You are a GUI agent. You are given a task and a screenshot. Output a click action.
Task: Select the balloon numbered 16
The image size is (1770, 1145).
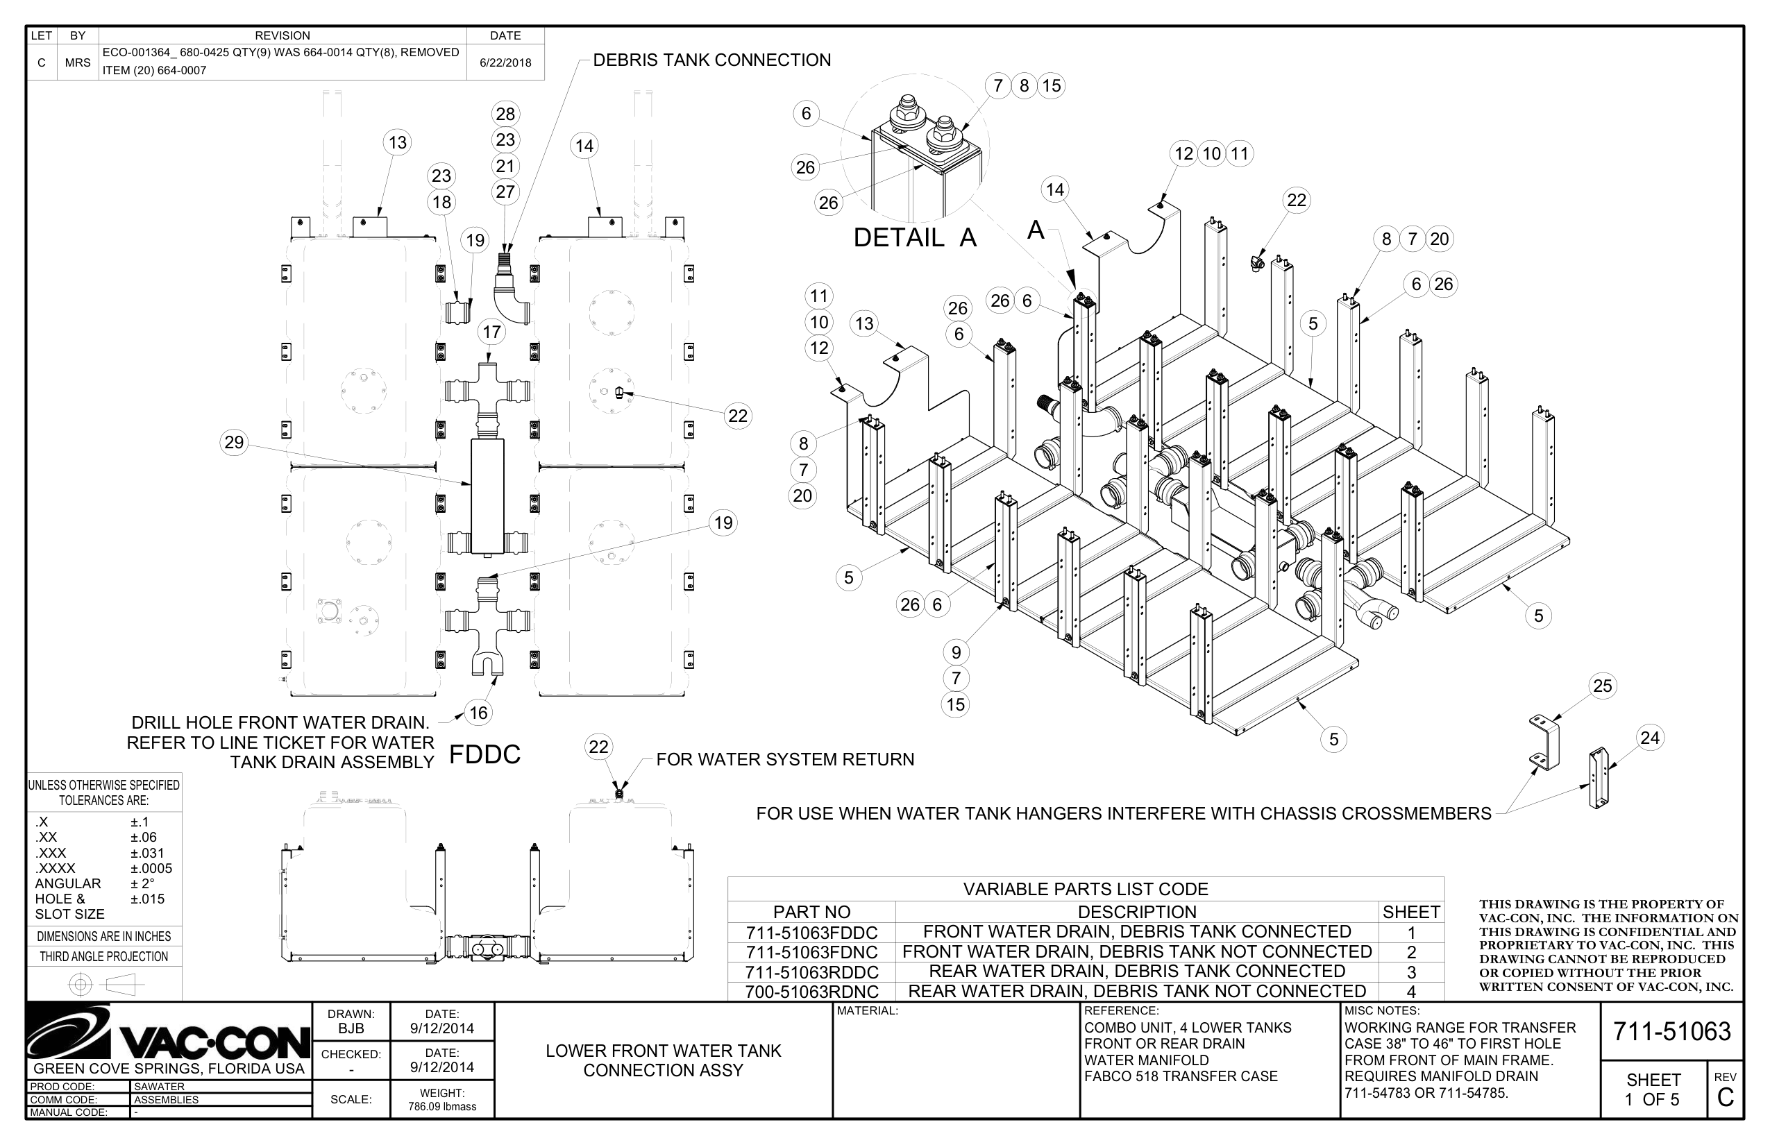coord(478,713)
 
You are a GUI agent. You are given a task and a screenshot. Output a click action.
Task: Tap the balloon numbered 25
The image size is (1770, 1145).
coord(1602,686)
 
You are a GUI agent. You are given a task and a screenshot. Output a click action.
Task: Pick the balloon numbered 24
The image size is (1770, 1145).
coord(1649,738)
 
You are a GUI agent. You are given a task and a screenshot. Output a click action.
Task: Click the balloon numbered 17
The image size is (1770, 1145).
coord(491,332)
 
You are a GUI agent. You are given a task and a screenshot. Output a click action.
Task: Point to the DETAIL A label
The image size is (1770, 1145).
coord(914,238)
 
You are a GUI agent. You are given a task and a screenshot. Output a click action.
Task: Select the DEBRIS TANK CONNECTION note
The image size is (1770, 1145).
coord(711,60)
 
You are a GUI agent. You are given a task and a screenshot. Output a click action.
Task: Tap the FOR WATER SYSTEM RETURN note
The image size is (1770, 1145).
coord(784,759)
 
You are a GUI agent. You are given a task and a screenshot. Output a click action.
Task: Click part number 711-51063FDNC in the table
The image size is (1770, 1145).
coord(811,952)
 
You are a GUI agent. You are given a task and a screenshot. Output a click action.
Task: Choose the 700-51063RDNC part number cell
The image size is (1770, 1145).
coord(811,992)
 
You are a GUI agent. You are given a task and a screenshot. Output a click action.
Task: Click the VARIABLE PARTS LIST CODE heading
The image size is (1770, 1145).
coord(1085,889)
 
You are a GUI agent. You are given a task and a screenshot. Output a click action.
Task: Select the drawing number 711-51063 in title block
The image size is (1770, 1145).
coord(1671,1032)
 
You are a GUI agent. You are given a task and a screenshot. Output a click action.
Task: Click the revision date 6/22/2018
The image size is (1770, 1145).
coord(505,62)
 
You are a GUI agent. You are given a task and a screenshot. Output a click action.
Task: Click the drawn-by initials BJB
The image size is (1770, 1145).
coord(351,1029)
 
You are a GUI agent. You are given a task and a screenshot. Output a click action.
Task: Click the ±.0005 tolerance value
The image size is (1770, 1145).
coord(151,868)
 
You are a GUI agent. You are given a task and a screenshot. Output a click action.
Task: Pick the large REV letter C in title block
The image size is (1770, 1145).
coord(1726,1098)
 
